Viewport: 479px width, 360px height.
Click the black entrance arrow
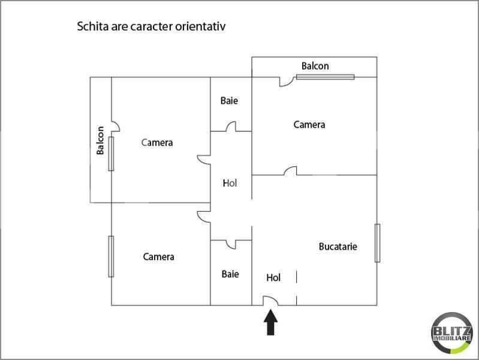tap(270, 322)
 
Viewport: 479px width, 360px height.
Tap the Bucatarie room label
tap(338, 247)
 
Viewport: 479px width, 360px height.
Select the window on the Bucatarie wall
tap(377, 243)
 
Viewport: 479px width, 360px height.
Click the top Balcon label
tap(315, 66)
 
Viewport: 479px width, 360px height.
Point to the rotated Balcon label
tap(100, 140)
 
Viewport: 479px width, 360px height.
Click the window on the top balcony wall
tap(326, 77)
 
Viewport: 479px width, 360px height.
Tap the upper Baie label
tap(229, 100)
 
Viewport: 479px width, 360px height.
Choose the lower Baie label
tap(230, 274)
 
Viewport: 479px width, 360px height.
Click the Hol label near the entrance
tap(273, 277)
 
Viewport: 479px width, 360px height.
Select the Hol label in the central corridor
tap(230, 183)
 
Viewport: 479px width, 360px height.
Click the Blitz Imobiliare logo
tap(452, 333)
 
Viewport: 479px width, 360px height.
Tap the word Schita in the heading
tap(92, 26)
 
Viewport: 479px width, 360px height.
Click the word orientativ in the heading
tap(200, 26)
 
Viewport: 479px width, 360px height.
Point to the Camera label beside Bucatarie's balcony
tap(309, 124)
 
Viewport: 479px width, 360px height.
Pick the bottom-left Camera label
tap(158, 257)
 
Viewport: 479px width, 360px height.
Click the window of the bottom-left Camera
tap(111, 256)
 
